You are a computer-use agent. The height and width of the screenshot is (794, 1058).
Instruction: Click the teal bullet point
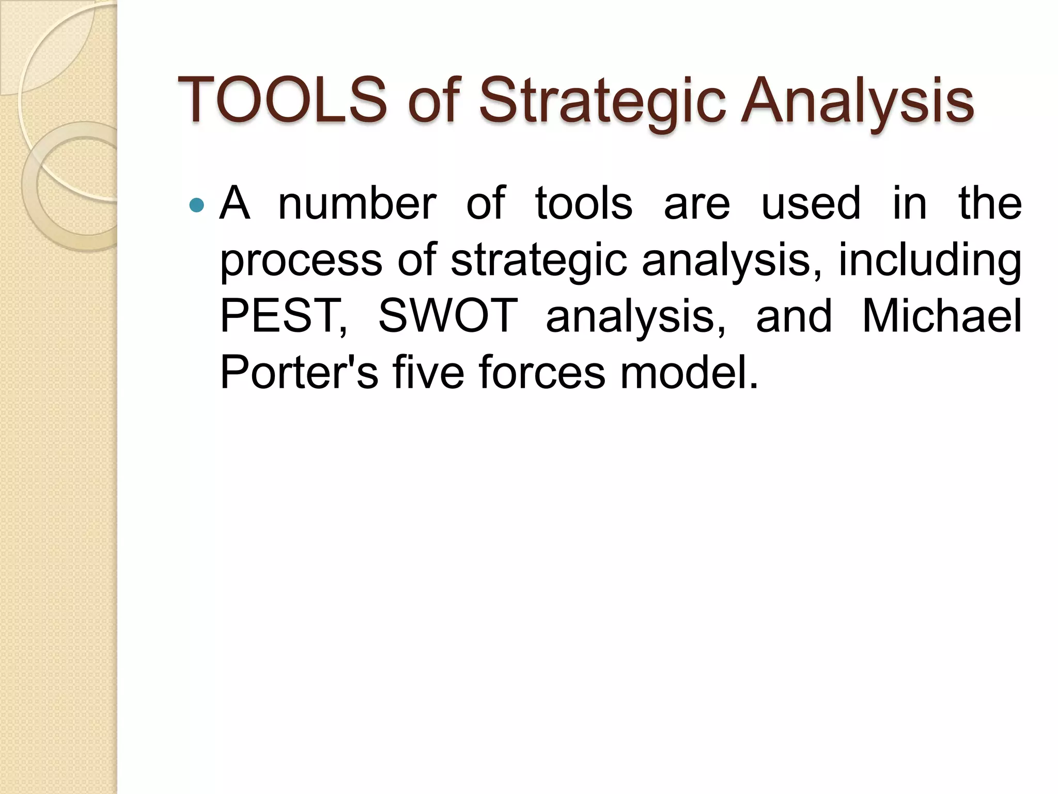tap(197, 206)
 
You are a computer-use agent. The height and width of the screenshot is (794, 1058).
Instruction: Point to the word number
tap(357, 204)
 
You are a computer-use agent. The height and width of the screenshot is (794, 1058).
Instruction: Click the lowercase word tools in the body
tap(584, 204)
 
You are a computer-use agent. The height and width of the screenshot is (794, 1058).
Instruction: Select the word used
tap(811, 204)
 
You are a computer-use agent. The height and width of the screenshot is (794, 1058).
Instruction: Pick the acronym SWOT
tap(448, 316)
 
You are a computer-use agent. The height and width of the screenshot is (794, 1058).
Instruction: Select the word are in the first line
tap(697, 205)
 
